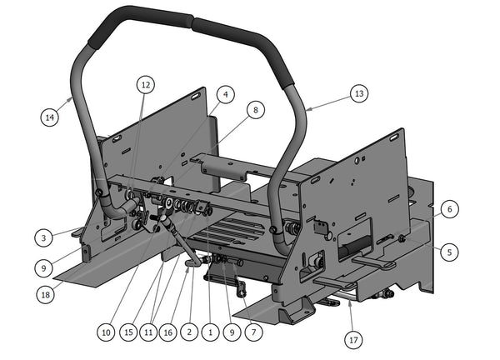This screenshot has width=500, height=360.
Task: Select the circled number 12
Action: coord(146,84)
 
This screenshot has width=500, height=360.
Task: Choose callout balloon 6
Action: coord(448,210)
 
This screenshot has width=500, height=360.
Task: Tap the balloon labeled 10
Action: coord(106,332)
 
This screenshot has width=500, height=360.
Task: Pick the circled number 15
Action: coord(127,332)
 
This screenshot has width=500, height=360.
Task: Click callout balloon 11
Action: coord(148,332)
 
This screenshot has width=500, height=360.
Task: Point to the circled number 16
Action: coord(169,332)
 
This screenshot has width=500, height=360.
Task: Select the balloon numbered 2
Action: coord(190,332)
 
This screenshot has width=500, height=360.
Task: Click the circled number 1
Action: coord(212,332)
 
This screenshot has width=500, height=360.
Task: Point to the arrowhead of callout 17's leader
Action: coord(350,302)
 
